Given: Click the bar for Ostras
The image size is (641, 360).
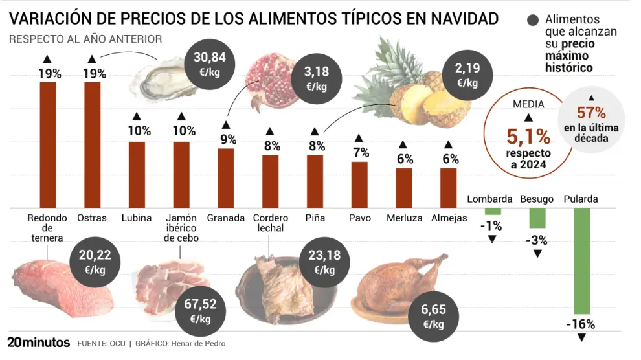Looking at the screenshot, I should pyautogui.click(x=93, y=145).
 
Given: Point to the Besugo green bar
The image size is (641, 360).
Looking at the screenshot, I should pyautogui.click(x=537, y=218).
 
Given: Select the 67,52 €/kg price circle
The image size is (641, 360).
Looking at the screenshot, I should pyautogui.click(x=200, y=312).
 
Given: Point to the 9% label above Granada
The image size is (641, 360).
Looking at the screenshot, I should pyautogui.click(x=227, y=139).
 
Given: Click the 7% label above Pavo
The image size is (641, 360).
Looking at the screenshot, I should pyautogui.click(x=361, y=153).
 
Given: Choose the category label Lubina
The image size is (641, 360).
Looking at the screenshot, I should pyautogui.click(x=137, y=218).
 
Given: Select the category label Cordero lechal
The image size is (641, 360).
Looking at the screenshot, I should pyautogui.click(x=270, y=223).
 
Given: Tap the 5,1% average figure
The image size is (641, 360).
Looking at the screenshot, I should pyautogui.click(x=528, y=137).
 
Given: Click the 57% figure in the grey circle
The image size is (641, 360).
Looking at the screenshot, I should pyautogui.click(x=591, y=113).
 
